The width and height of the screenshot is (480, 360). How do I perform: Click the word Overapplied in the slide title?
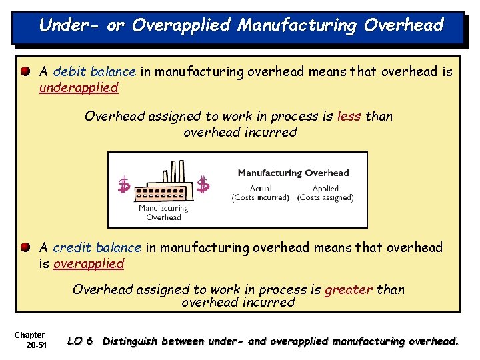181,25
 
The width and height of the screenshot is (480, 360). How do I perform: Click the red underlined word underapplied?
79,87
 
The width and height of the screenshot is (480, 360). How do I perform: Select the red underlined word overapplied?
89,263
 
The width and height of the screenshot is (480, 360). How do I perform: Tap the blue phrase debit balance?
95,71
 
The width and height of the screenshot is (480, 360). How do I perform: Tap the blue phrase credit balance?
97,247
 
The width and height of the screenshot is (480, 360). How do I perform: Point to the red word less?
349,116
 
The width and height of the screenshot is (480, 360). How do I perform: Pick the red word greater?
349,289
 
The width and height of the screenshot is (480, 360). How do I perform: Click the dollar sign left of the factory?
123,185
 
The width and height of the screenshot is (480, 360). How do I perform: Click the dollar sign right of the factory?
203,185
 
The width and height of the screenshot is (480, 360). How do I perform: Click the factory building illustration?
163,183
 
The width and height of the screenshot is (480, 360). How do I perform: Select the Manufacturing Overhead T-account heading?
293,173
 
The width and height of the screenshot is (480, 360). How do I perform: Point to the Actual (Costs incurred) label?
260,193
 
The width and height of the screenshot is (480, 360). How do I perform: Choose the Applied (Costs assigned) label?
325,193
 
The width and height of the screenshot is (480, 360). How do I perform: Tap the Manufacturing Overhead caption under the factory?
163,213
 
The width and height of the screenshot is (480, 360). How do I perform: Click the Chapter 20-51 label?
30,340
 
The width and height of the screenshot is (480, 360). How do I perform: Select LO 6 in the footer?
80,341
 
